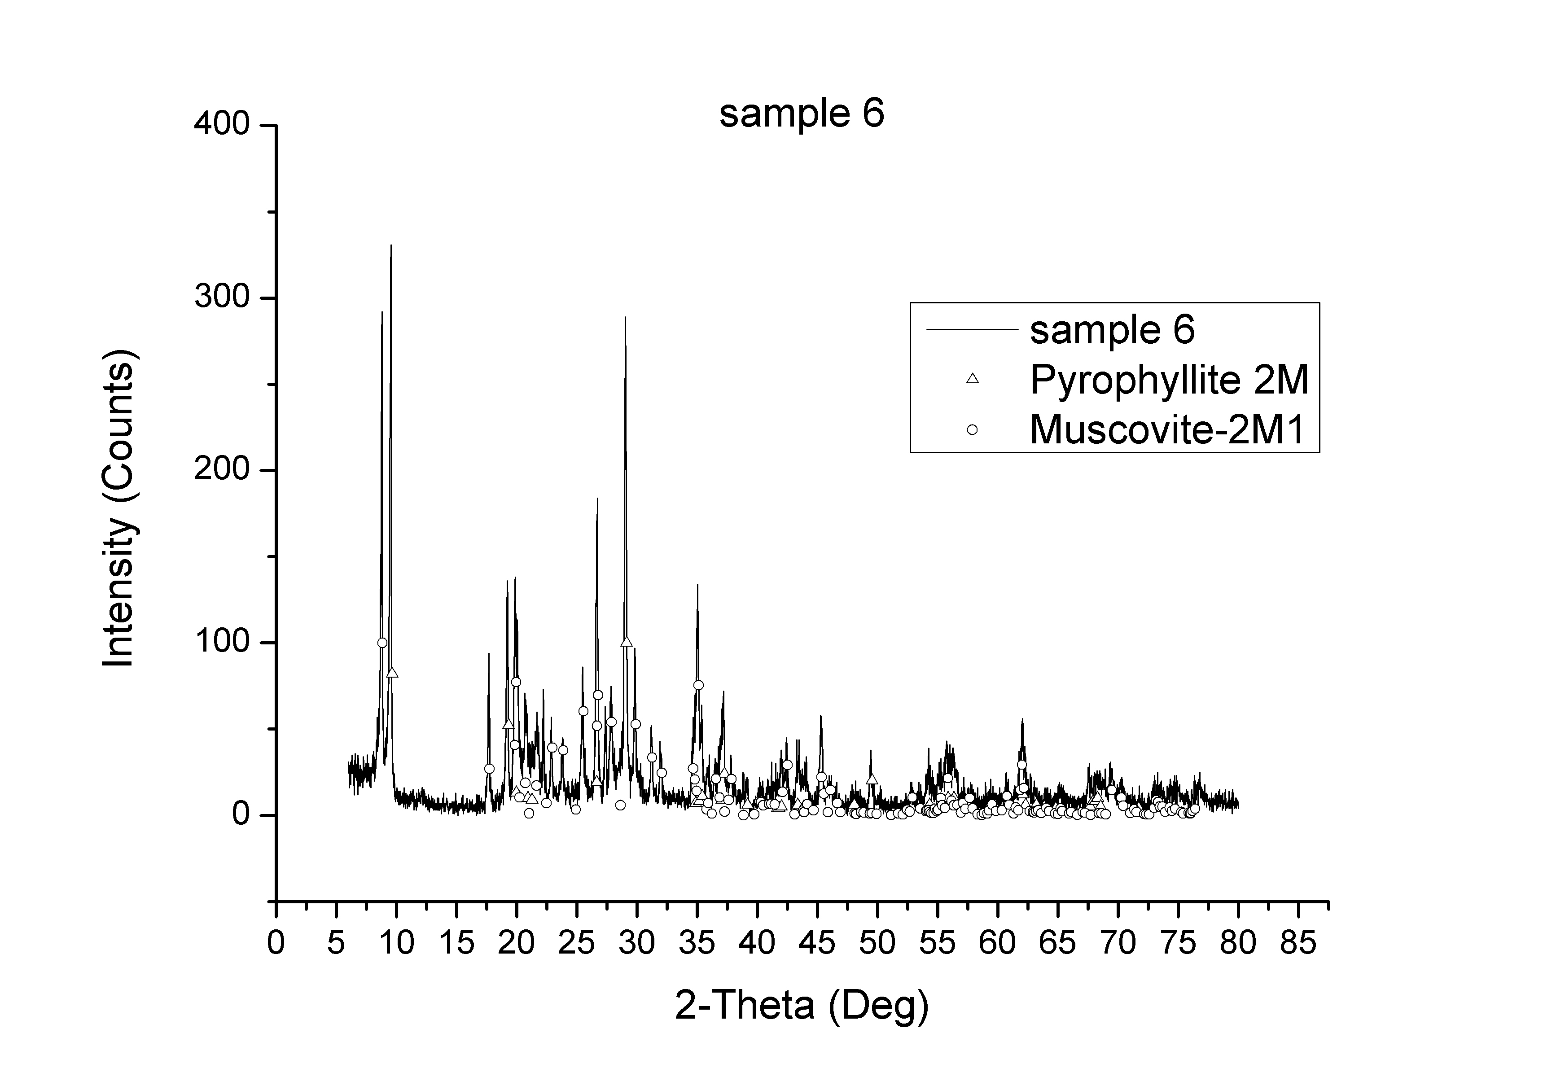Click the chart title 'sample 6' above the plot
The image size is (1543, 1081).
coord(801,114)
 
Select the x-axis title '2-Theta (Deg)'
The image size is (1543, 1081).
coord(801,1006)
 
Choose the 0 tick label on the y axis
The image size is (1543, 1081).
coord(241,815)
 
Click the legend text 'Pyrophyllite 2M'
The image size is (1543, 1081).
coord(1169,380)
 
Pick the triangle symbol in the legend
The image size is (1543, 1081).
coord(972,379)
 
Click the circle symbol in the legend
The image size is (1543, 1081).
coord(972,429)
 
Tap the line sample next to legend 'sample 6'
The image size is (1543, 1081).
coord(971,329)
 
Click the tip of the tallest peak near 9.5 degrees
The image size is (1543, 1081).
coord(390,246)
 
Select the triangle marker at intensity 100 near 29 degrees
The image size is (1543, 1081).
coord(627,642)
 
